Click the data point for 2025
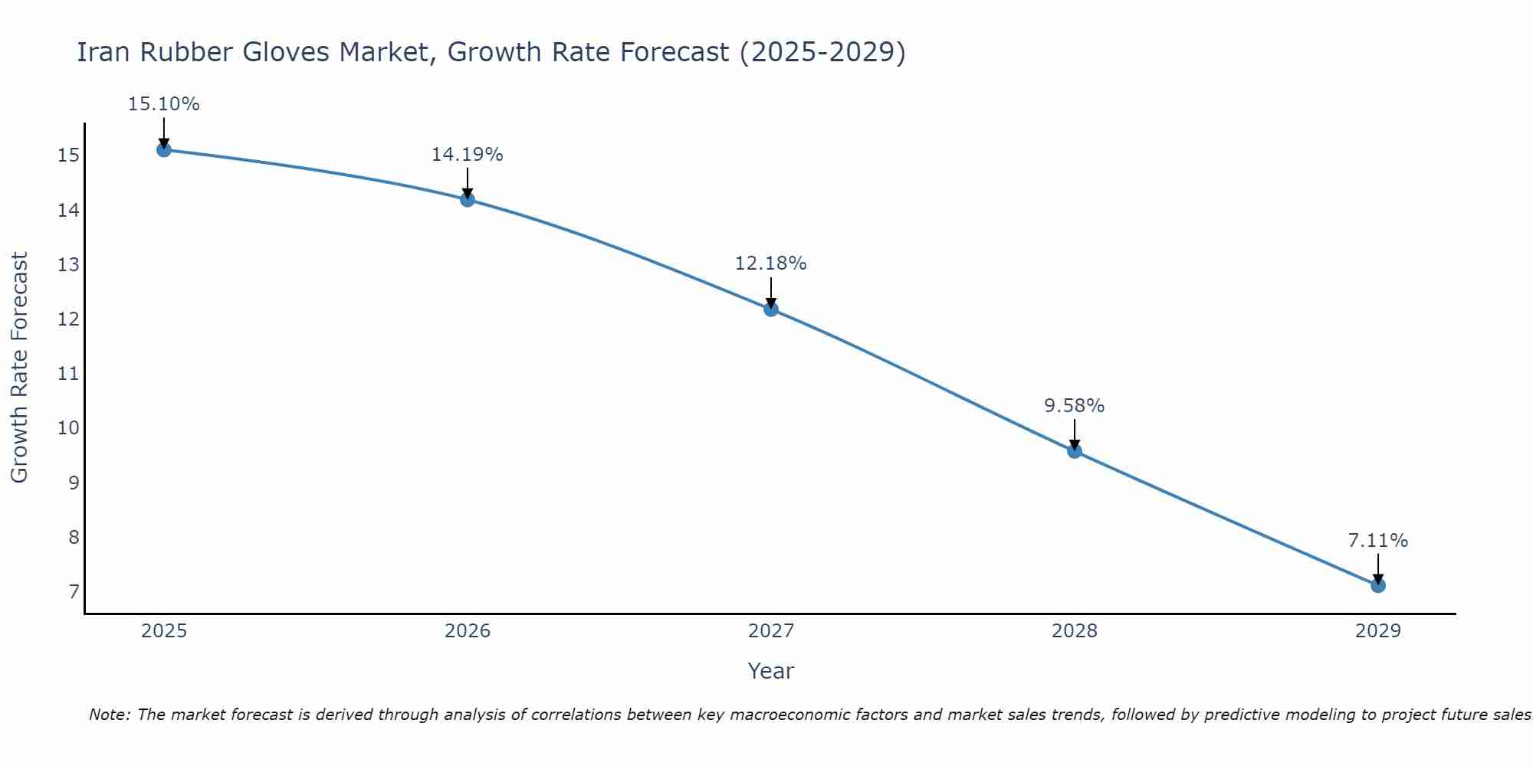163,149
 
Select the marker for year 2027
771,309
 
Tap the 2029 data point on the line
1378,585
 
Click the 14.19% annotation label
467,155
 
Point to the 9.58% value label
1075,406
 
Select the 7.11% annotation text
1378,541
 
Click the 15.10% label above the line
163,104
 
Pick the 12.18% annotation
771,264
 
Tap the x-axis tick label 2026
468,631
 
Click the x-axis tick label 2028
1075,631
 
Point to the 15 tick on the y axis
68,156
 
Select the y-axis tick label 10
68,428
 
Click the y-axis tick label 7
74,592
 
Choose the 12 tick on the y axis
68,319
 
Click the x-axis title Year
770,671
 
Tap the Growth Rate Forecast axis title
19,368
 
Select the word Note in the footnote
110,715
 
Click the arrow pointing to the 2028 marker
1075,434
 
